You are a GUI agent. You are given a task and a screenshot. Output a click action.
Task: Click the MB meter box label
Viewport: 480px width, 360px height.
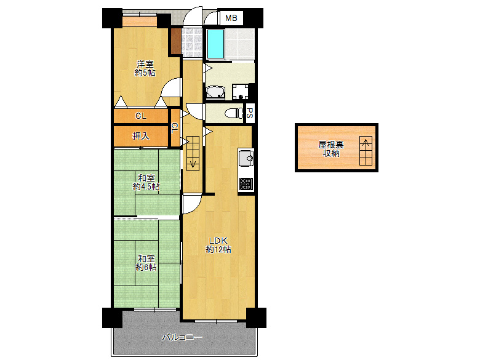[x=231, y=18]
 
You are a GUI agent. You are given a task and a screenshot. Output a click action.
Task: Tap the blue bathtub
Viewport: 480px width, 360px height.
[x=215, y=44]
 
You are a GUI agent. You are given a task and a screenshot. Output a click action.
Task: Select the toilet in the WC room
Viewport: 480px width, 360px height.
[x=234, y=114]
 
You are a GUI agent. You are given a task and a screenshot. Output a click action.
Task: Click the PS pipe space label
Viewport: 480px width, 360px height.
[x=250, y=114]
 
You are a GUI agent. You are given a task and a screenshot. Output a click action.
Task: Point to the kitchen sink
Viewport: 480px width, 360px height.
[x=246, y=158]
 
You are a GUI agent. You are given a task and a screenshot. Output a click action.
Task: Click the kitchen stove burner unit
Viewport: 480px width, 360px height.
[x=246, y=184]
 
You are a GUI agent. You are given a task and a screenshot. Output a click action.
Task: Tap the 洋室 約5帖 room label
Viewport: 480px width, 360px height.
[x=145, y=68]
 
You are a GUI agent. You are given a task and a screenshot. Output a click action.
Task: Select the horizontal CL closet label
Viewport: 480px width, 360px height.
[x=141, y=116]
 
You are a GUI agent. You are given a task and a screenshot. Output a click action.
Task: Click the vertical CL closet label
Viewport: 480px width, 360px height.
[x=175, y=128]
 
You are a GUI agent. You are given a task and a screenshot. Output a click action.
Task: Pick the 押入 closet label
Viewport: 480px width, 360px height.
[x=141, y=136]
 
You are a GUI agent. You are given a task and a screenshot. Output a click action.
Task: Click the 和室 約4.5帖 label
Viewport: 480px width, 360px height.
[x=146, y=182]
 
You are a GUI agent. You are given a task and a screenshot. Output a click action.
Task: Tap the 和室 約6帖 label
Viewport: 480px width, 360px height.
[x=146, y=263]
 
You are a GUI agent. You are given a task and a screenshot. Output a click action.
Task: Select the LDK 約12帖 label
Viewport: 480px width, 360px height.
[x=218, y=245]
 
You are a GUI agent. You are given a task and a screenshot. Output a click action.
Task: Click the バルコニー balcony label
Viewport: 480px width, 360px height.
[x=182, y=338]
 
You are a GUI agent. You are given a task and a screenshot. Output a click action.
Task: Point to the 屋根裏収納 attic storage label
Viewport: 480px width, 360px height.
[x=331, y=149]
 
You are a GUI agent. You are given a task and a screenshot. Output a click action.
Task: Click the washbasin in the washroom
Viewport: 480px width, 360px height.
[x=215, y=93]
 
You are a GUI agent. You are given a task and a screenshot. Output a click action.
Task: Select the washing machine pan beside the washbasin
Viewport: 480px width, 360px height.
[x=240, y=92]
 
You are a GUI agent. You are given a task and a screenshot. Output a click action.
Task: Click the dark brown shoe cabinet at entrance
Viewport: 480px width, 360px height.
[x=176, y=41]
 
